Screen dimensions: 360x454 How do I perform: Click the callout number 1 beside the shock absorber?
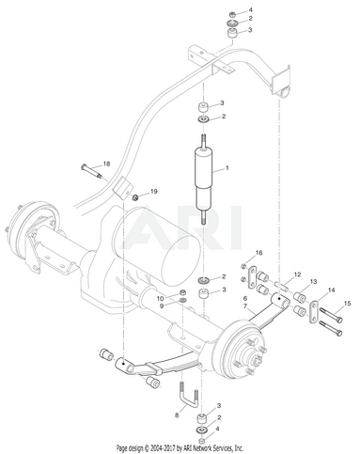[227, 168]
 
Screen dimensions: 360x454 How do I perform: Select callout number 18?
[107, 164]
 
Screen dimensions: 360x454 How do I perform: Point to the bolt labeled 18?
[92, 171]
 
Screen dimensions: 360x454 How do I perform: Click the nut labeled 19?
[135, 197]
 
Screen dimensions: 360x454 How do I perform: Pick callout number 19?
[153, 191]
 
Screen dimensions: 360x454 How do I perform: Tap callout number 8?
[177, 415]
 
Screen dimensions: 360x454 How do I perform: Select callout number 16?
[258, 253]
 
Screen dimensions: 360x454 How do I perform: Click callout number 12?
[297, 274]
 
